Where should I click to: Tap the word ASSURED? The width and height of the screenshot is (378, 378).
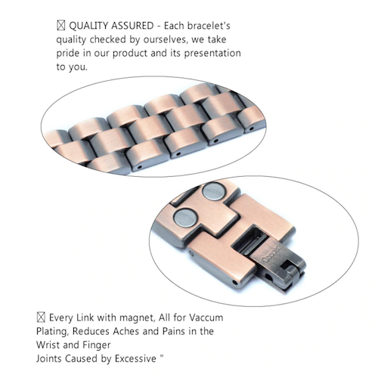[132, 26]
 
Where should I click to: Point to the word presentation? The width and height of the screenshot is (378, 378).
[212, 54]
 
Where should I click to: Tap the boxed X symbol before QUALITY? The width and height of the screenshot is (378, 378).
[61, 26]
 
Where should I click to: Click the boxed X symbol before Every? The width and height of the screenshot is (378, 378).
[41, 318]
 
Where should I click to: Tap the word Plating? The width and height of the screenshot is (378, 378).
[52, 331]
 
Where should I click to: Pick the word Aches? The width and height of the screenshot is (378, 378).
[125, 331]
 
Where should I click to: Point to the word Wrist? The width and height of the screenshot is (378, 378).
[48, 345]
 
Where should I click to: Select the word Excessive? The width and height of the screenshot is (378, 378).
[135, 358]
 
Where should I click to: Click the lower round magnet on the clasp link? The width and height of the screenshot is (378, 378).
[186, 218]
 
